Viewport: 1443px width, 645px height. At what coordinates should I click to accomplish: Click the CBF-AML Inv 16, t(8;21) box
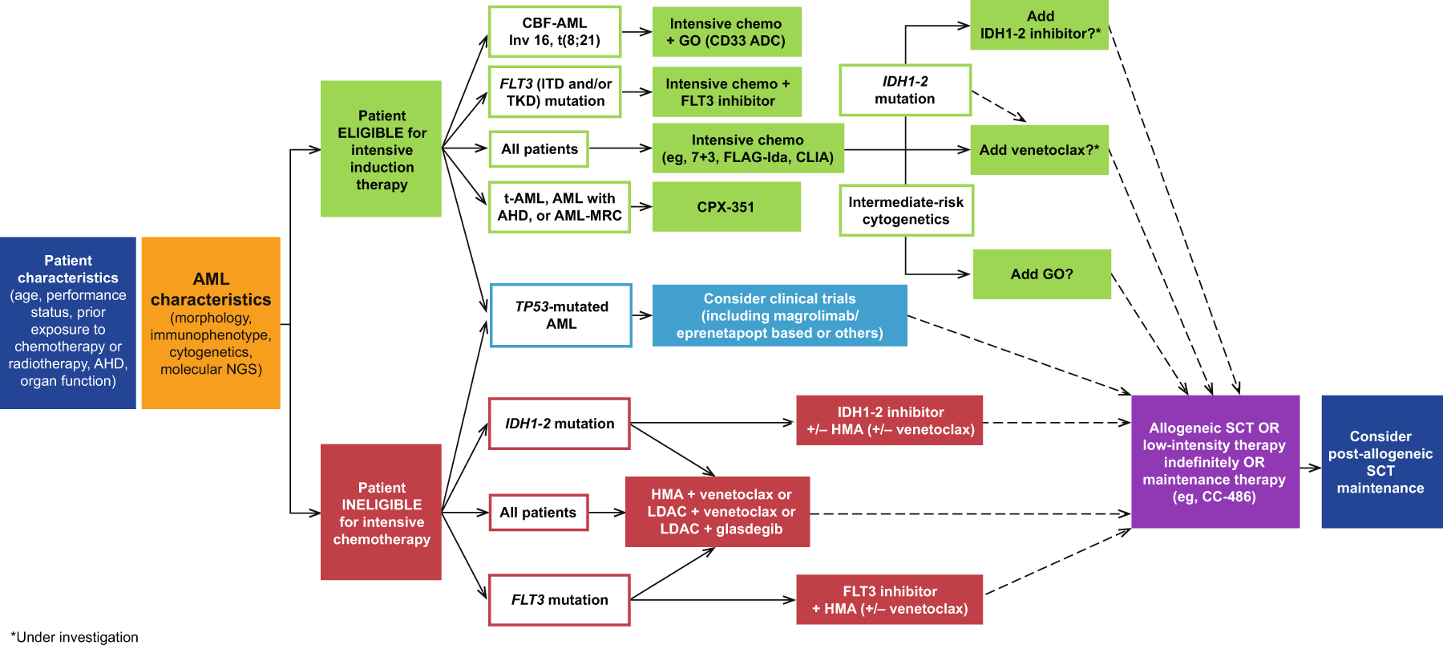(554, 32)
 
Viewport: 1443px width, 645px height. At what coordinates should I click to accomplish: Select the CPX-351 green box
(726, 207)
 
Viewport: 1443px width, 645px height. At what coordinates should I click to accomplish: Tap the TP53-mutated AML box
(561, 315)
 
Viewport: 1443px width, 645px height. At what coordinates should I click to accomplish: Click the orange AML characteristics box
(211, 323)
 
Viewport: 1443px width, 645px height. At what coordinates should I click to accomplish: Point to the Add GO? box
(1041, 274)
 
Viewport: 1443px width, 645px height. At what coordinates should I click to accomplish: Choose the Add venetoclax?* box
(1039, 150)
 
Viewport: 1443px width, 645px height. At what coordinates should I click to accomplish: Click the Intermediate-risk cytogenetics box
(906, 211)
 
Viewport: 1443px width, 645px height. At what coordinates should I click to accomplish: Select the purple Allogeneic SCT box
(1215, 461)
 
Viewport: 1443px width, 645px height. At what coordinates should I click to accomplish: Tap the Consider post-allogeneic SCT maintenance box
(1380, 461)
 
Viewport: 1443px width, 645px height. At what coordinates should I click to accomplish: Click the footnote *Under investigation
(75, 637)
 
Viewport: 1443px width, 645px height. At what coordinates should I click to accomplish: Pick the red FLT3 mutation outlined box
(560, 600)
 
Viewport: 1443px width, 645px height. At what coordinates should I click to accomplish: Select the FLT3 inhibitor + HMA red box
(889, 600)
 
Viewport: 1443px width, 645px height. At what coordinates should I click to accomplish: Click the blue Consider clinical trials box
(779, 315)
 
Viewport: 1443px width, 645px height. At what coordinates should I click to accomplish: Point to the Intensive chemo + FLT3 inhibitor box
(726, 92)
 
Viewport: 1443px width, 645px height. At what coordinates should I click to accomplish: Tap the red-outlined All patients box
(538, 513)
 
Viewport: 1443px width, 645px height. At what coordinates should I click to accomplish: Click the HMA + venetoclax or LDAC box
(717, 512)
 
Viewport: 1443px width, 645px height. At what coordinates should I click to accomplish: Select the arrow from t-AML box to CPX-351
(641, 207)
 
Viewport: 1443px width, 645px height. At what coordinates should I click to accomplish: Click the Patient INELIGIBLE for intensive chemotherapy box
(381, 513)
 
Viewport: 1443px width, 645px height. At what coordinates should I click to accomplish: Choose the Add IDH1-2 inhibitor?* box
(1039, 25)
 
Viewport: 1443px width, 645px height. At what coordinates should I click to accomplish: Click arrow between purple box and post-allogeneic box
(1311, 468)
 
